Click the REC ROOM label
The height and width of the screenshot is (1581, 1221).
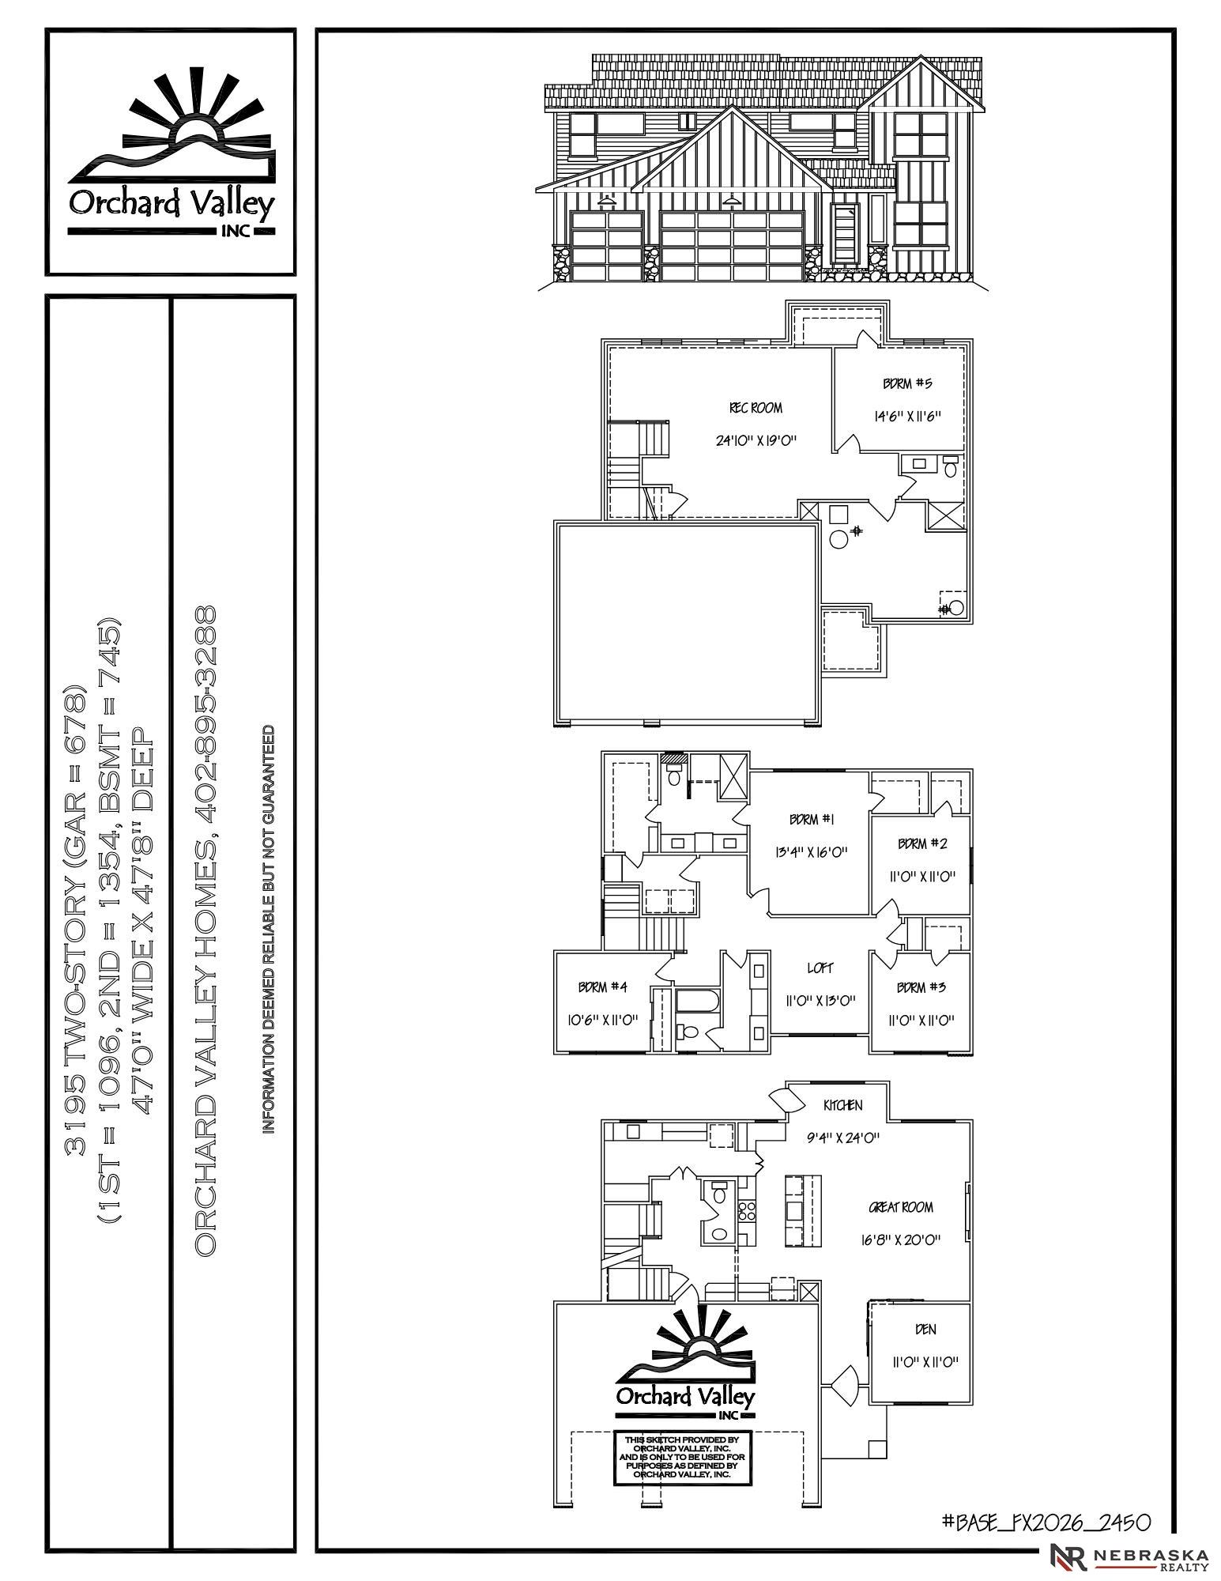756,408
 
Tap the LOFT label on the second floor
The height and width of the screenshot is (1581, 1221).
820,968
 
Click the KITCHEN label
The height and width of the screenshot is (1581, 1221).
842,1105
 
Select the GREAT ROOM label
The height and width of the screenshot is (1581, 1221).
901,1207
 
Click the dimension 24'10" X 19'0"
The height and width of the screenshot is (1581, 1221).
756,440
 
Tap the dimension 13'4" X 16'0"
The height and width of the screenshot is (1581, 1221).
810,852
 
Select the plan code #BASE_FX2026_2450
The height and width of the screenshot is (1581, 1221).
1046,1521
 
